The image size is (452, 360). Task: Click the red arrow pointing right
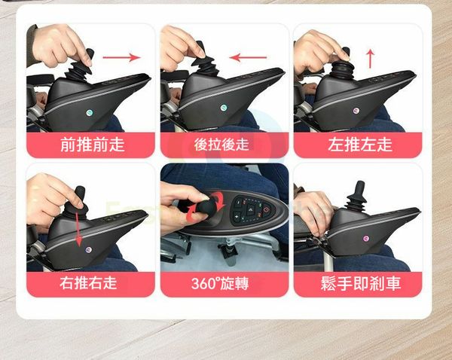[x=121, y=57]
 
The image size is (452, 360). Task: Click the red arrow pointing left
[x=248, y=57]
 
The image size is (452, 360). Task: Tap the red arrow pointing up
[x=371, y=59]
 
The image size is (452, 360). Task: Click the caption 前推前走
[x=92, y=145]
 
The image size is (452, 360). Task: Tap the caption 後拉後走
[x=221, y=145]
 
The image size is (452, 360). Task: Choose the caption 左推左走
[x=360, y=145]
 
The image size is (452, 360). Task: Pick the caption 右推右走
[x=88, y=282]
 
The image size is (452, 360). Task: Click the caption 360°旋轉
[x=220, y=283]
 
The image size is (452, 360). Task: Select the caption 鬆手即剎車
[x=361, y=283]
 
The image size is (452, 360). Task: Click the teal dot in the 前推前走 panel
[x=90, y=112]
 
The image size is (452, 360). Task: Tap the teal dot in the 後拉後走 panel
[x=224, y=108]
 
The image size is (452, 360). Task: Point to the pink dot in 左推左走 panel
[x=356, y=111]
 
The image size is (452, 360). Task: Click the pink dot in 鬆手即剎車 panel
[x=366, y=238]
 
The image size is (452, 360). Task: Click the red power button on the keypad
[x=267, y=208]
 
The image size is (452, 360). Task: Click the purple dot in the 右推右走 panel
[x=88, y=249]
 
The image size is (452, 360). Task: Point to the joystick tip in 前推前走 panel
[x=90, y=53]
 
